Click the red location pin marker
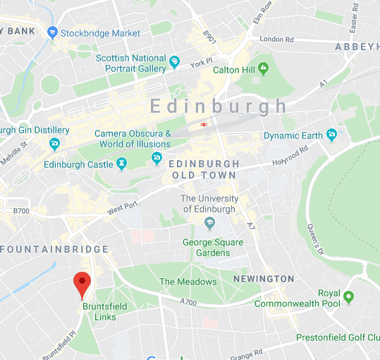82,284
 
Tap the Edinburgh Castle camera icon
123,164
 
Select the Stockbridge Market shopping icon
52,32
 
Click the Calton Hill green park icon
263,69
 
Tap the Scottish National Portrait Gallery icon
174,64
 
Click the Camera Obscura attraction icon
157,157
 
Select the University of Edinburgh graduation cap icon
209,224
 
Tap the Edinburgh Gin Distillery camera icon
54,144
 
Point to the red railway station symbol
203,125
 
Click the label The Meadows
188,282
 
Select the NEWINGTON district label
263,279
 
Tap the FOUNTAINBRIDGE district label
54,249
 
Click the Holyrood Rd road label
290,157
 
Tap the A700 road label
189,301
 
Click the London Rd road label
276,39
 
